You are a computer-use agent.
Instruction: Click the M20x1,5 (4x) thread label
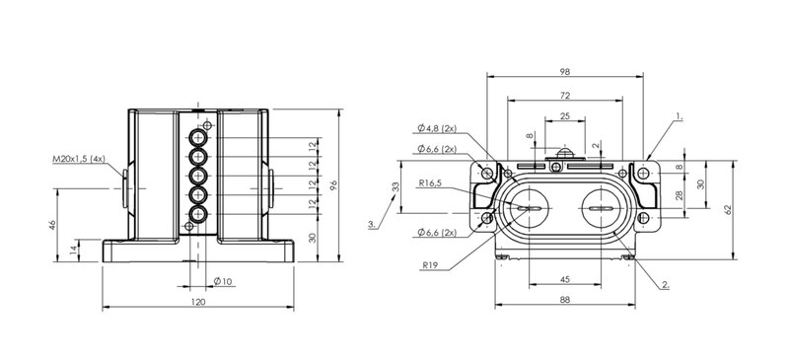[x=80, y=159]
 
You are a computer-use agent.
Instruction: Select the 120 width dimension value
[x=199, y=302]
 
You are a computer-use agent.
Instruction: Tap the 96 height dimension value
[x=333, y=185]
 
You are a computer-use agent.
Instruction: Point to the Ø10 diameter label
[x=223, y=281]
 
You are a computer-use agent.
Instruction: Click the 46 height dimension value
[x=52, y=225]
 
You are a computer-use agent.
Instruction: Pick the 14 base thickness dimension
[x=75, y=251]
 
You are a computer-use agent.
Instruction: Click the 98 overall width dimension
[x=564, y=72]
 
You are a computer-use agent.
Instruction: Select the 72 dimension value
[x=564, y=95]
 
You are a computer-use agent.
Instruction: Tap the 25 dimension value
[x=564, y=116]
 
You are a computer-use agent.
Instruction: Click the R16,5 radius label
[x=430, y=183]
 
